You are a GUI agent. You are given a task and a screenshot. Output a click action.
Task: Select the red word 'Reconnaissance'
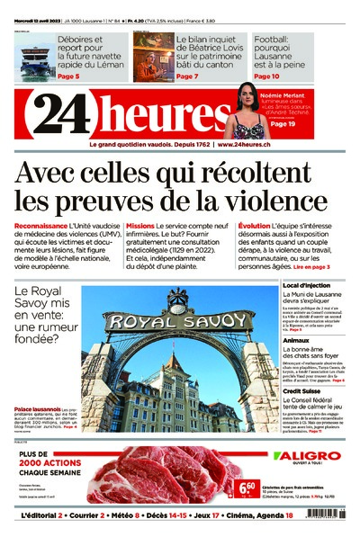pyautogui.click(x=41, y=226)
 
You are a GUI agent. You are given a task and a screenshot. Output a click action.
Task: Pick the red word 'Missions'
pyautogui.click(x=140, y=226)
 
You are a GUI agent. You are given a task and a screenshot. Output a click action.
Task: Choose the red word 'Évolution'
pyautogui.click(x=254, y=226)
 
